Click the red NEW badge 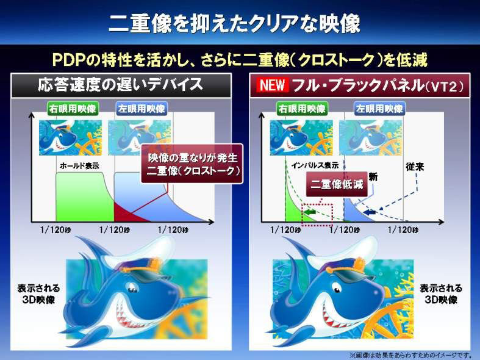tap(272, 85)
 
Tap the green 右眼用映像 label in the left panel tap(73, 109)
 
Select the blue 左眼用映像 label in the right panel tap(379, 109)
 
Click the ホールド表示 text tap(79, 166)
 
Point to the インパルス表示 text tap(315, 165)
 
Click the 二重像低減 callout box tap(337, 184)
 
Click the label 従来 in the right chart tap(415, 167)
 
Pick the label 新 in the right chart tap(373, 177)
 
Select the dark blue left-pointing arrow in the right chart tap(369, 212)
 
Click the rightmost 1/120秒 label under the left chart tap(173, 230)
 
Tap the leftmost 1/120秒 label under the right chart tap(285, 230)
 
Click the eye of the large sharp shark tap(337, 288)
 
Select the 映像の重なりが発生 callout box tap(192, 164)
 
